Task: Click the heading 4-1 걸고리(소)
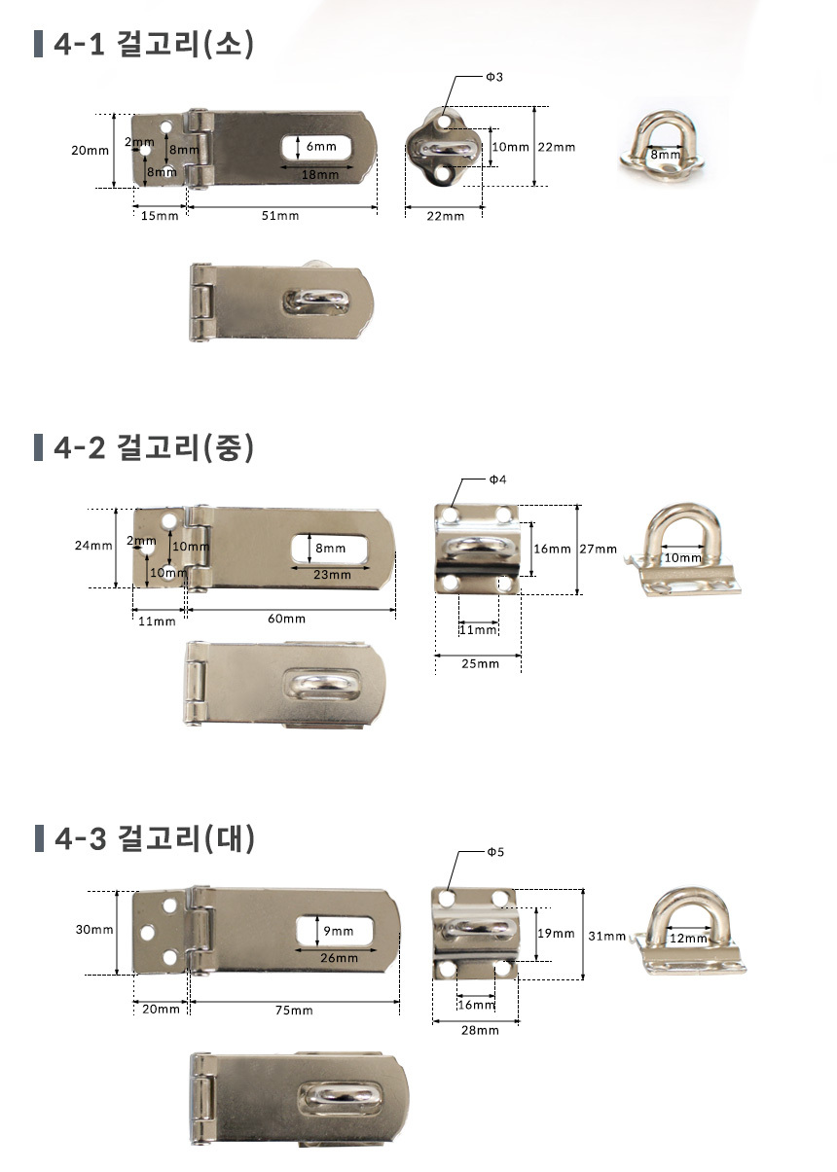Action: pos(154,44)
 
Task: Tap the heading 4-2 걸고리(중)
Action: pos(154,447)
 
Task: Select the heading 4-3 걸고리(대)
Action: pos(155,838)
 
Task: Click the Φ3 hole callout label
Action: pos(494,77)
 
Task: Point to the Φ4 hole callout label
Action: pos(497,479)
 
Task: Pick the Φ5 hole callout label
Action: pos(495,852)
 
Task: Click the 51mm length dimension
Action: pos(280,215)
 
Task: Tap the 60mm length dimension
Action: pos(286,618)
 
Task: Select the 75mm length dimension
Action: pos(294,1010)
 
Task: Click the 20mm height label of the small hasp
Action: pos(91,150)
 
